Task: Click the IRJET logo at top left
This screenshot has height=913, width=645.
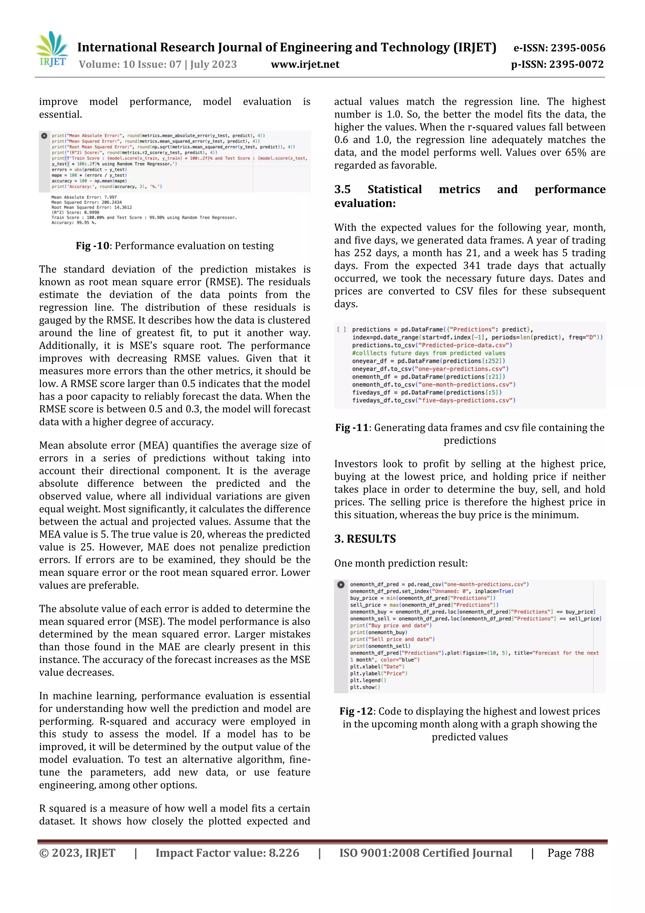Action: coord(52,49)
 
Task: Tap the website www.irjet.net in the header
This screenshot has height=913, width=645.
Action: coord(305,64)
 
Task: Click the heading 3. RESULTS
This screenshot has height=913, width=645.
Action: coord(365,539)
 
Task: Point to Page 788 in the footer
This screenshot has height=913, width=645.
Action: coord(570,852)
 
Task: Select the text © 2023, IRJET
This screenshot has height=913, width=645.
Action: coord(77,852)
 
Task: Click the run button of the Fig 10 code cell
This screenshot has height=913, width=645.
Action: coord(44,136)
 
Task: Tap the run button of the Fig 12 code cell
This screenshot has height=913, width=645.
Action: coord(340,585)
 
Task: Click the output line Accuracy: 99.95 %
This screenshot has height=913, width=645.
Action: coord(74,223)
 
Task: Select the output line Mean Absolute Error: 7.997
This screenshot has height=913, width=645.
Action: coord(84,197)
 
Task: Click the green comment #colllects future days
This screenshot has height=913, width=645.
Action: coord(428,353)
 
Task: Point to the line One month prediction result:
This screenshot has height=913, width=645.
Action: coord(401,563)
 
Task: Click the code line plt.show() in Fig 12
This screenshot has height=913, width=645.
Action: coord(365,687)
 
